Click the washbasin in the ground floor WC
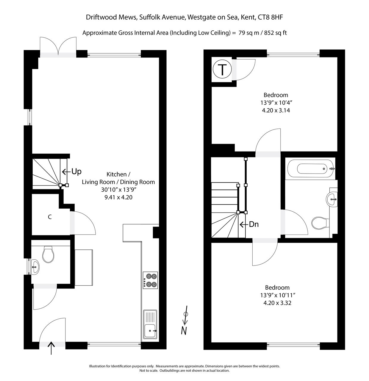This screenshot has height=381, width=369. pos(35,266)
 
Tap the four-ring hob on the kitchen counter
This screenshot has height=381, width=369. pos(150,280)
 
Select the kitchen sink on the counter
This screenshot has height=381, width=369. pos(150,324)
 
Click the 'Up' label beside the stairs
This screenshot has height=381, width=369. pos(76,172)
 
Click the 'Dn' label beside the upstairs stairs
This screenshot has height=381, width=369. pos(253,224)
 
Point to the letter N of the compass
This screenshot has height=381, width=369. pos(184,330)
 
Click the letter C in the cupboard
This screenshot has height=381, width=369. pos(50,217)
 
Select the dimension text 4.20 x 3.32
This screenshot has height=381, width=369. pos(277,303)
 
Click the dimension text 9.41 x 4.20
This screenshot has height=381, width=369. pos(118,197)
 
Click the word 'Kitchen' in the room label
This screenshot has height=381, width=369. pos(118,174)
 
